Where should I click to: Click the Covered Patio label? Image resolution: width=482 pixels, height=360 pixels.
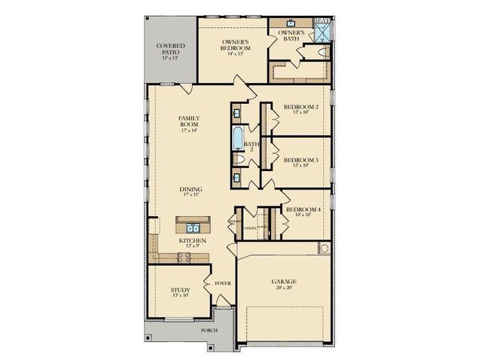coord(170,50)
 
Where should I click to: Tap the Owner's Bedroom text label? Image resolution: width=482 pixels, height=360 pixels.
coord(236,44)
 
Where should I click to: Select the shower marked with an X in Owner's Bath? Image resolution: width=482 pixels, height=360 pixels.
coord(323,32)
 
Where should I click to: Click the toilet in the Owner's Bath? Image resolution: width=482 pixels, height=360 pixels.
coord(322,52)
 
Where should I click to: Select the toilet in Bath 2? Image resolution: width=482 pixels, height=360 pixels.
coord(238,160)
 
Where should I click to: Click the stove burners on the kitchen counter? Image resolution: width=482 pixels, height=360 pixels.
coord(182,258)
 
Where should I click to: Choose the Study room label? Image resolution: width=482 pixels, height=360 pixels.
coord(180,292)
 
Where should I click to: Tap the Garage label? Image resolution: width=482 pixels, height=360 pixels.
coord(283,284)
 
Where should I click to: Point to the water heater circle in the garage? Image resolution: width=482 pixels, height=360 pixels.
coord(324,249)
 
